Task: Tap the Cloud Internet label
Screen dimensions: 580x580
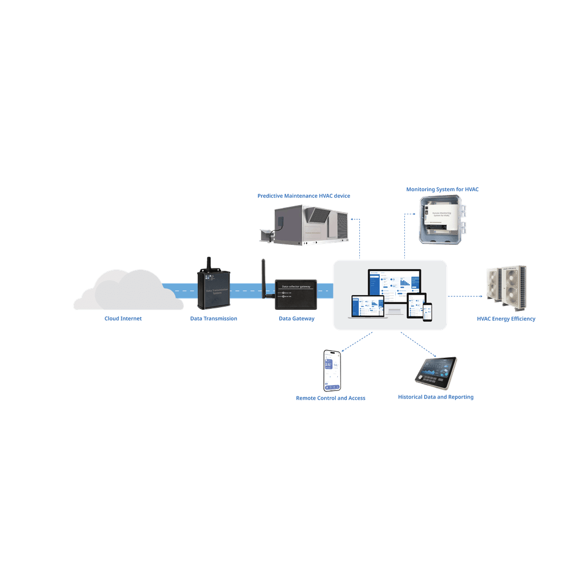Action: click(x=123, y=318)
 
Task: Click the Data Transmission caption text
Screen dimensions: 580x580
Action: click(x=214, y=318)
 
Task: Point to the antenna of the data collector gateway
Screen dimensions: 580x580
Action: click(x=264, y=277)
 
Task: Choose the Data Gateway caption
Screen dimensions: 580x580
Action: click(x=296, y=318)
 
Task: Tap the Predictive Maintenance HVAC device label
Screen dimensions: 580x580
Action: click(x=303, y=196)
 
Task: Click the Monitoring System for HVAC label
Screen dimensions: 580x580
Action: click(x=442, y=190)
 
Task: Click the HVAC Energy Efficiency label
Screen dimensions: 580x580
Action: click(x=506, y=319)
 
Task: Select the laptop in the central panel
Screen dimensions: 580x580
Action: click(x=367, y=308)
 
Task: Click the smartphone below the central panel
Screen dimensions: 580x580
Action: click(x=332, y=371)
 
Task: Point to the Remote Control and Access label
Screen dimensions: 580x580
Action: click(x=331, y=398)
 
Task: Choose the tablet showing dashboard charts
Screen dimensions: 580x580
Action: click(x=436, y=372)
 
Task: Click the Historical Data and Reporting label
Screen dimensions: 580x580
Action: click(x=436, y=397)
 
